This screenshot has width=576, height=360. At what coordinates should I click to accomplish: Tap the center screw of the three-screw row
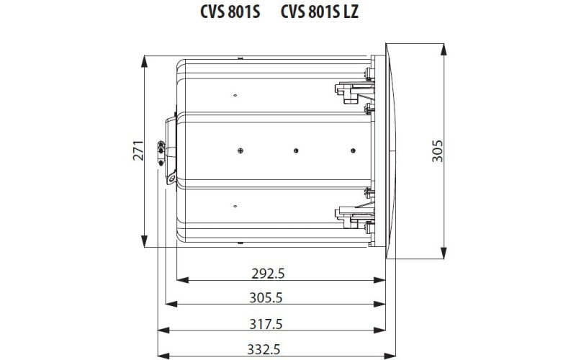[295, 150]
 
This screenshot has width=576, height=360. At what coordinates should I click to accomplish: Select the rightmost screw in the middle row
[352, 150]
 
